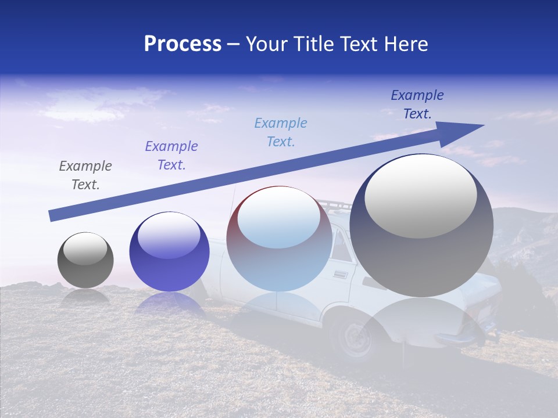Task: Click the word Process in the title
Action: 183,44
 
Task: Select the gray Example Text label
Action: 85,175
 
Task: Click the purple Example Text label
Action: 171,156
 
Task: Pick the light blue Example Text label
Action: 280,132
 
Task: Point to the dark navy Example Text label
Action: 417,105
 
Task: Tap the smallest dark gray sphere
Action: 85,260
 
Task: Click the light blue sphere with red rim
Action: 279,239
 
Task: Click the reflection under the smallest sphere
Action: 85,296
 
